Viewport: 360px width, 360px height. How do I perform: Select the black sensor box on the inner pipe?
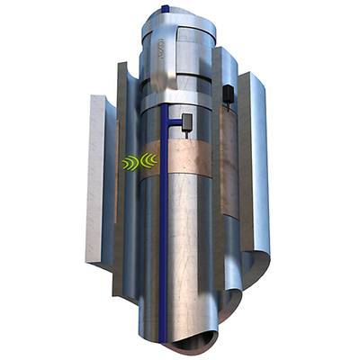[x=186, y=121]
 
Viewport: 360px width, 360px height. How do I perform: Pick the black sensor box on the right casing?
[x=229, y=93]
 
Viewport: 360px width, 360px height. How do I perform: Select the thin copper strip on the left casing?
[x=118, y=162]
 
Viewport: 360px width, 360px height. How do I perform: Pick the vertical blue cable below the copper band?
[x=163, y=252]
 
